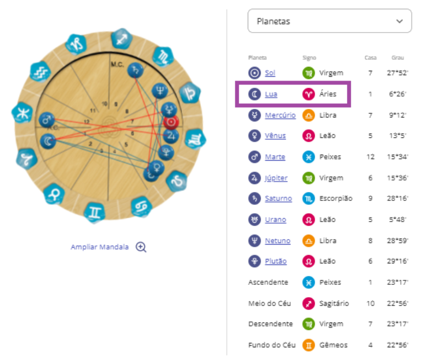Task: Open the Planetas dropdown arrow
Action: (399, 21)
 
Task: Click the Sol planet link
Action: (270, 73)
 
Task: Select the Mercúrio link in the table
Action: (280, 115)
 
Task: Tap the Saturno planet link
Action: (278, 198)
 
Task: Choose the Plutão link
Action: (276, 261)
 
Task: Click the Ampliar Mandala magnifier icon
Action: (141, 247)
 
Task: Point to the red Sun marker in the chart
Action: (171, 123)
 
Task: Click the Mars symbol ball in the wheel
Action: (46, 119)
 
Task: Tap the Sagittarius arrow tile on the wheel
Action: (122, 39)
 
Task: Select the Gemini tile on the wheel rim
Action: (94, 212)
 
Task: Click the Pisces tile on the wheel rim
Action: (22, 113)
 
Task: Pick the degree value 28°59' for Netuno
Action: (397, 241)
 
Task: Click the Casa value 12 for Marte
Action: (370, 157)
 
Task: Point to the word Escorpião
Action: (336, 198)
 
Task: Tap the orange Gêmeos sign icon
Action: (308, 345)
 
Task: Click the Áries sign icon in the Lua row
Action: (308, 94)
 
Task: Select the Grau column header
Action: (398, 58)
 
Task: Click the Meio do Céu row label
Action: (270, 303)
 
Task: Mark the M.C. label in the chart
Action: (117, 64)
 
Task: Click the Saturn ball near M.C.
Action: (135, 70)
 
